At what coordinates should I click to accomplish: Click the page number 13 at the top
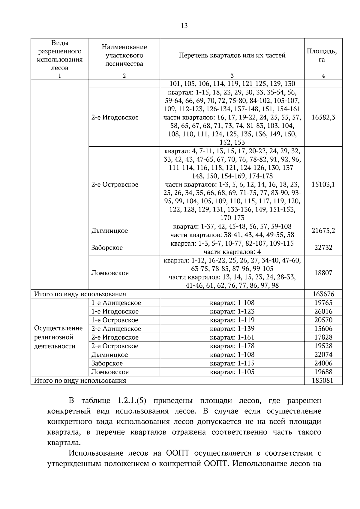184,26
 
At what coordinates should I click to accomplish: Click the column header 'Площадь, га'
323,55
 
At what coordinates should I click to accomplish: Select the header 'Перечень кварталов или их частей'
232,55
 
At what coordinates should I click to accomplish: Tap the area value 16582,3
323,117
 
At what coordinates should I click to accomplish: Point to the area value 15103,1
323,184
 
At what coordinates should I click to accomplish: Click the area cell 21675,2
323,230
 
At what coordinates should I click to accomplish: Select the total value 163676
323,294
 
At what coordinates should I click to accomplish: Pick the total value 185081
323,380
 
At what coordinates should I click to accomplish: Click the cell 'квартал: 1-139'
232,329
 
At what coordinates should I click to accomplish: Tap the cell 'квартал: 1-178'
232,346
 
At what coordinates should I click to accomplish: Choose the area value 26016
323,311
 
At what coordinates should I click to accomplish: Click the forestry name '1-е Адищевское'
116,303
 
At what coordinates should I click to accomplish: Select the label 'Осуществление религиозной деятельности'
58,337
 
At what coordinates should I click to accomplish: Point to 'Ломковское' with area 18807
110,273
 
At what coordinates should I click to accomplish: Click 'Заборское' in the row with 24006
107,363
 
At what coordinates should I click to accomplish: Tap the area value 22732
323,247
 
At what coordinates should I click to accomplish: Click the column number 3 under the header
232,76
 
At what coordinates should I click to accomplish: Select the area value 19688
323,372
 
